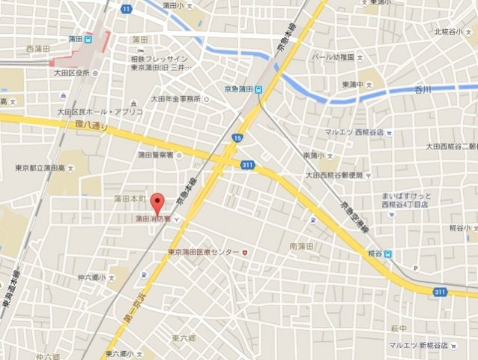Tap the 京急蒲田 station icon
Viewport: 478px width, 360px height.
[258, 89]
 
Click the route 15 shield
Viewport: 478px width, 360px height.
[238, 138]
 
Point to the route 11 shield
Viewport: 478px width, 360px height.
[127, 8]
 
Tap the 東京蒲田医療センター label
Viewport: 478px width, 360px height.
[204, 252]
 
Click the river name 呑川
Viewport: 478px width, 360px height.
[424, 89]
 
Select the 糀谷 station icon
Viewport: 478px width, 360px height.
[388, 253]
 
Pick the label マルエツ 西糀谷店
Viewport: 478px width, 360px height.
[354, 132]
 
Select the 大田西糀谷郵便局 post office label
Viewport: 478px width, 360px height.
[334, 175]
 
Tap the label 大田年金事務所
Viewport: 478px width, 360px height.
[175, 98]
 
